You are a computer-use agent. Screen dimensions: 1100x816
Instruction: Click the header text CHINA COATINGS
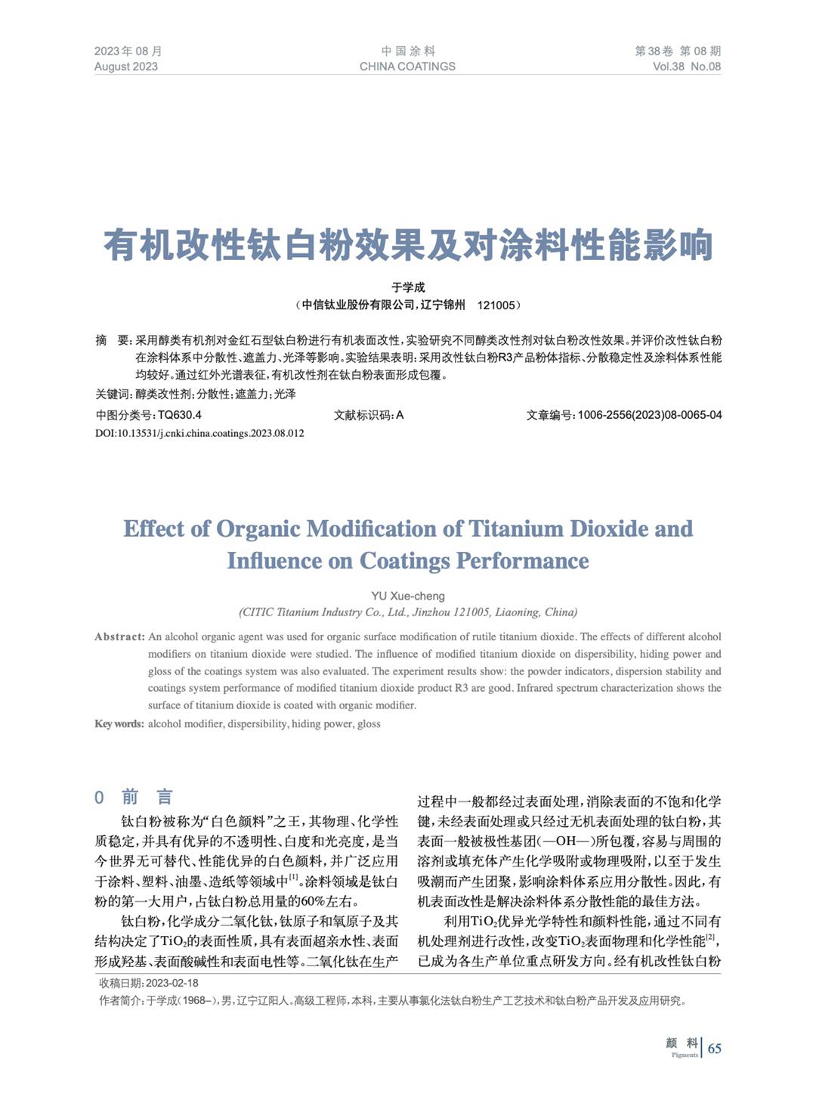coord(407,67)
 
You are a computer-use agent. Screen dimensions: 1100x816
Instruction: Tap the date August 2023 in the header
coord(126,67)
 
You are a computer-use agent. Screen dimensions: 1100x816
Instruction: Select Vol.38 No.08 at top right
coord(687,67)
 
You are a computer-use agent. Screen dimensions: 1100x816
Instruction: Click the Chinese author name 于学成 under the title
coord(408,287)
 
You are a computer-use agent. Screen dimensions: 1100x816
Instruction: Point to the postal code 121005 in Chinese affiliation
coord(496,305)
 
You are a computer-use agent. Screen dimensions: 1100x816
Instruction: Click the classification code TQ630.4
coord(180,415)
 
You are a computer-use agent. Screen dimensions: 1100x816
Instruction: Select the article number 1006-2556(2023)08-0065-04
coord(650,415)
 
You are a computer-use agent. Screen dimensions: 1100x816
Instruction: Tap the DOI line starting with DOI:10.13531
coord(199,433)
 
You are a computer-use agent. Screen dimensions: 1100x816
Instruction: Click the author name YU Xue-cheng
coord(408,596)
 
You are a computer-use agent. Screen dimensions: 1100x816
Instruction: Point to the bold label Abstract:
coord(119,637)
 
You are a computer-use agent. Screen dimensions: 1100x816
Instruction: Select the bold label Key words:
coord(119,724)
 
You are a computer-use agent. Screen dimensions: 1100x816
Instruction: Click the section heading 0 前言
coord(134,797)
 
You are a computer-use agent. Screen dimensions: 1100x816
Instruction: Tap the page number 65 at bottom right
coord(714,1048)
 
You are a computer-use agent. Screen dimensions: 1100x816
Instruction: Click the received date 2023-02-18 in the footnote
coord(172,983)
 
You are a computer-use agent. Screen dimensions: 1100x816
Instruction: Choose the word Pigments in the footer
coord(685,1055)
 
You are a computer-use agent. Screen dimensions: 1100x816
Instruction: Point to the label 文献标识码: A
coord(369,415)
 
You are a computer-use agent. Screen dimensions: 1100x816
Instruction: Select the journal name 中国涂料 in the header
coord(408,51)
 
